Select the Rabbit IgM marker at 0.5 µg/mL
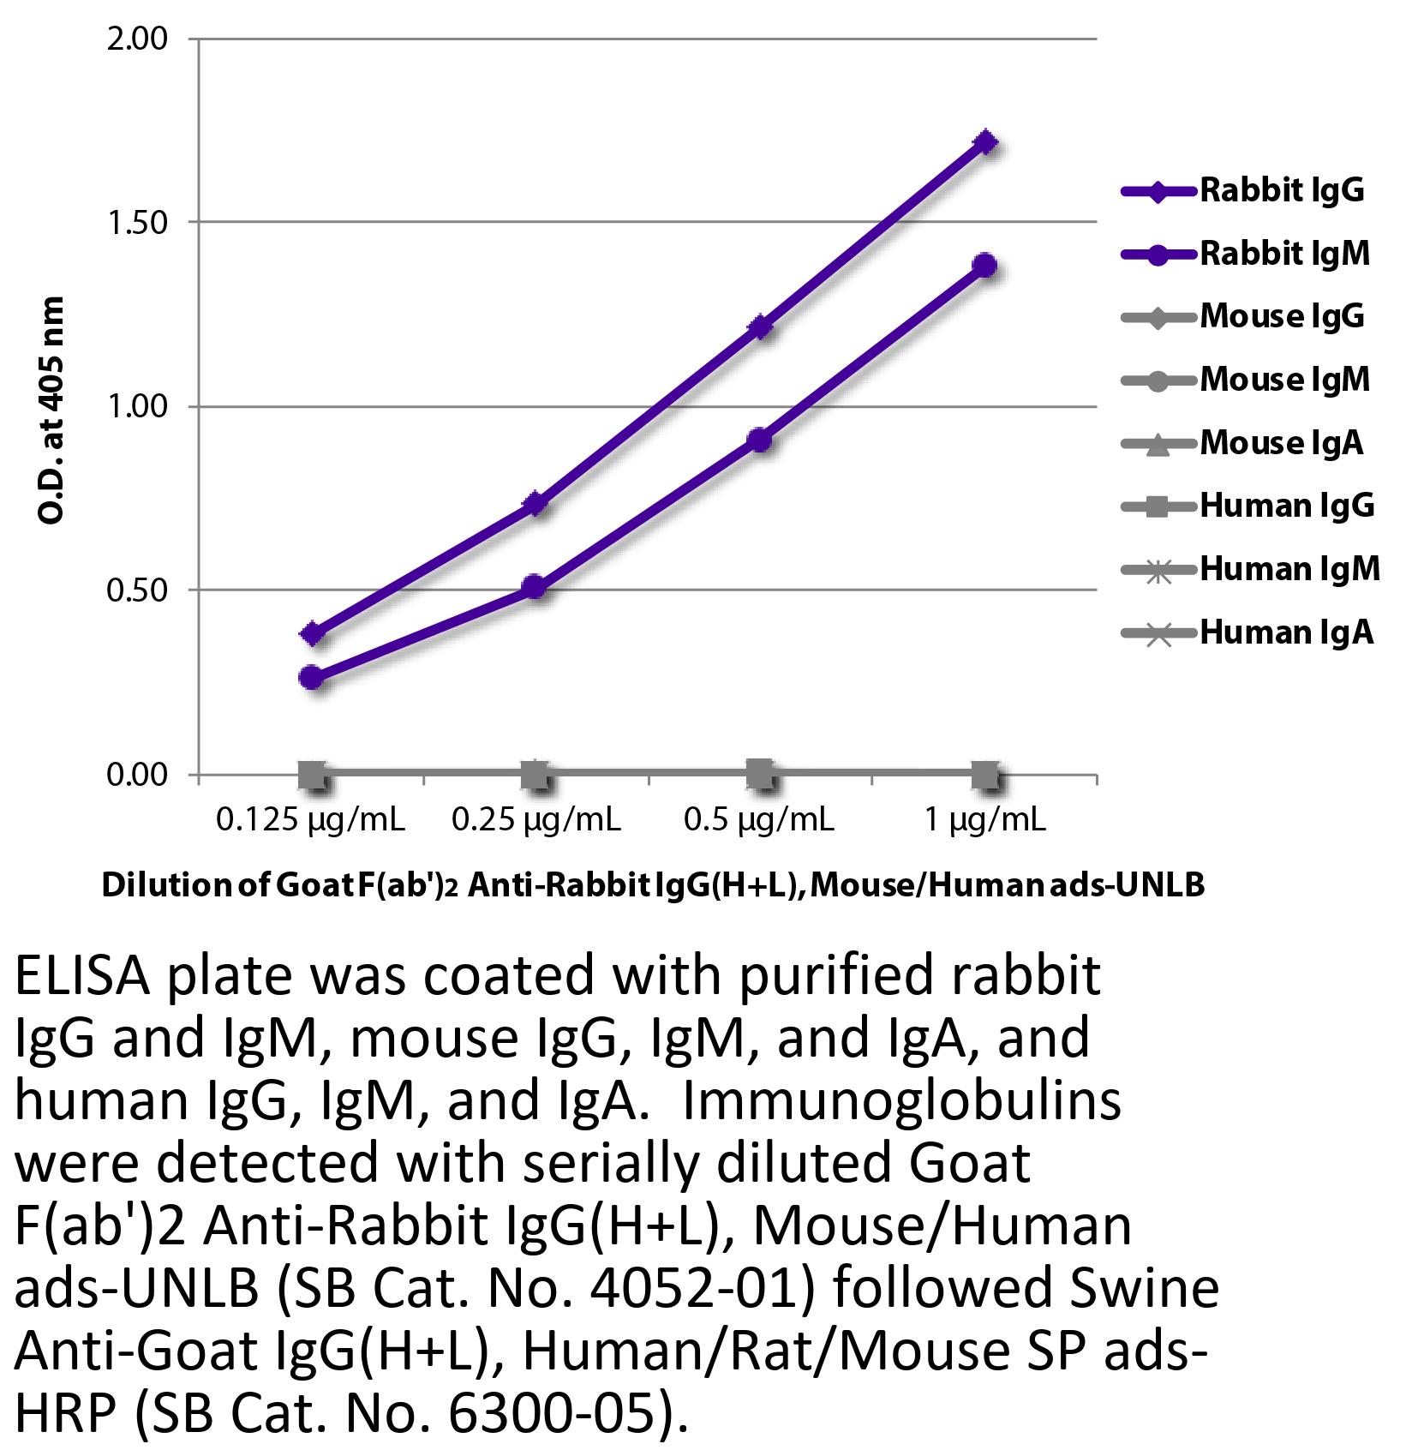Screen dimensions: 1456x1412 pos(760,440)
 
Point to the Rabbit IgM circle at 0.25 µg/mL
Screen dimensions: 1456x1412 pos(535,587)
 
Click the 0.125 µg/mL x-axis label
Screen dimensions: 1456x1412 pos(310,821)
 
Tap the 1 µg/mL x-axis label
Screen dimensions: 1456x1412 pos(985,821)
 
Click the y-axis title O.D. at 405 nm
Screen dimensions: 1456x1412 pos(52,410)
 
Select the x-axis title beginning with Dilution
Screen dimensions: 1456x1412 pos(653,885)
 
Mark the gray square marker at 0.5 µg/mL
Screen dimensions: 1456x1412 pos(760,775)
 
